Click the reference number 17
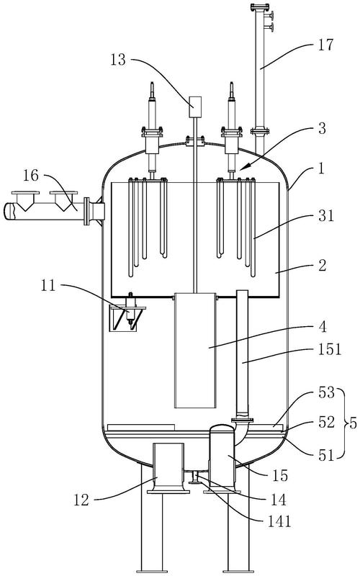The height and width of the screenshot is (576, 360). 325,45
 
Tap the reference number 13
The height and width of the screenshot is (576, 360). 118,60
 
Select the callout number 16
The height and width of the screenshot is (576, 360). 31,176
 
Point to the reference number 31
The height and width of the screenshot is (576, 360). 326,215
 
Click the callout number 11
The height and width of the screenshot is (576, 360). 48,285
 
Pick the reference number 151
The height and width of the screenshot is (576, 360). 330,349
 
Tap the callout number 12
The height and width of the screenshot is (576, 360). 81,500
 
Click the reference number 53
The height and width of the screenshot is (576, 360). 327,392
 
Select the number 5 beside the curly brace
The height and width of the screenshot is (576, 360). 353,423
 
